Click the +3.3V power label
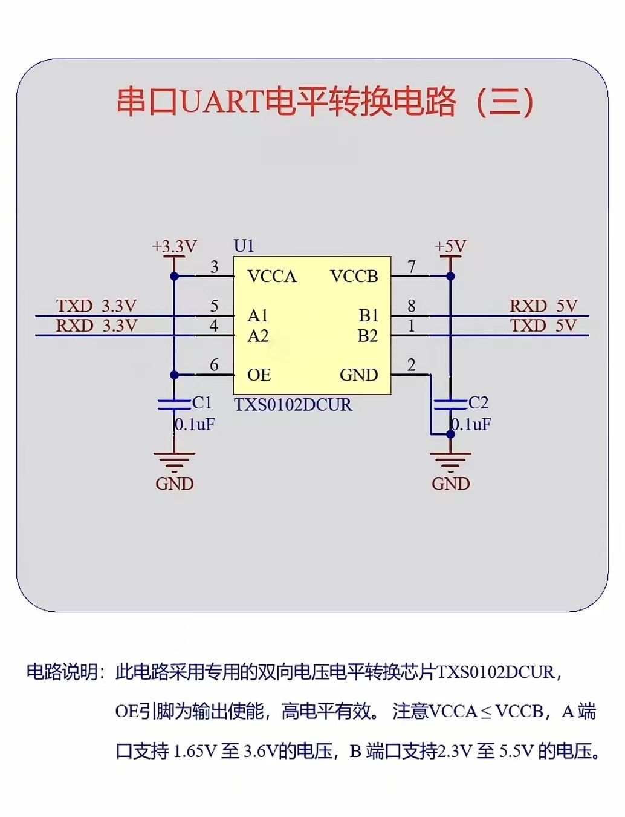click(x=174, y=246)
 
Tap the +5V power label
click(x=450, y=246)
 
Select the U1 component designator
click(x=244, y=246)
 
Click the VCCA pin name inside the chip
click(x=272, y=277)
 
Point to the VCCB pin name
click(x=354, y=277)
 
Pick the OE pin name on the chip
click(x=259, y=375)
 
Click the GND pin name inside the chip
click(x=358, y=375)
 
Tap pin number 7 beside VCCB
click(x=412, y=266)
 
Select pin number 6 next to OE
click(x=214, y=365)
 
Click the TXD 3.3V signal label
click(x=96, y=306)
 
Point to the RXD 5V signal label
click(x=543, y=306)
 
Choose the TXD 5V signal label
click(x=543, y=326)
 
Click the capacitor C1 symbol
click(x=174, y=404)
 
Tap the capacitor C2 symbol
click(x=450, y=404)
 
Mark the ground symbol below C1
click(x=174, y=462)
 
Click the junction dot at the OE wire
click(x=174, y=375)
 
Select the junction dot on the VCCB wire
click(x=450, y=277)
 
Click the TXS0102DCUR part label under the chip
click(x=293, y=405)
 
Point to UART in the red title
click(x=221, y=102)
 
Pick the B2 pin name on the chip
click(x=368, y=336)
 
